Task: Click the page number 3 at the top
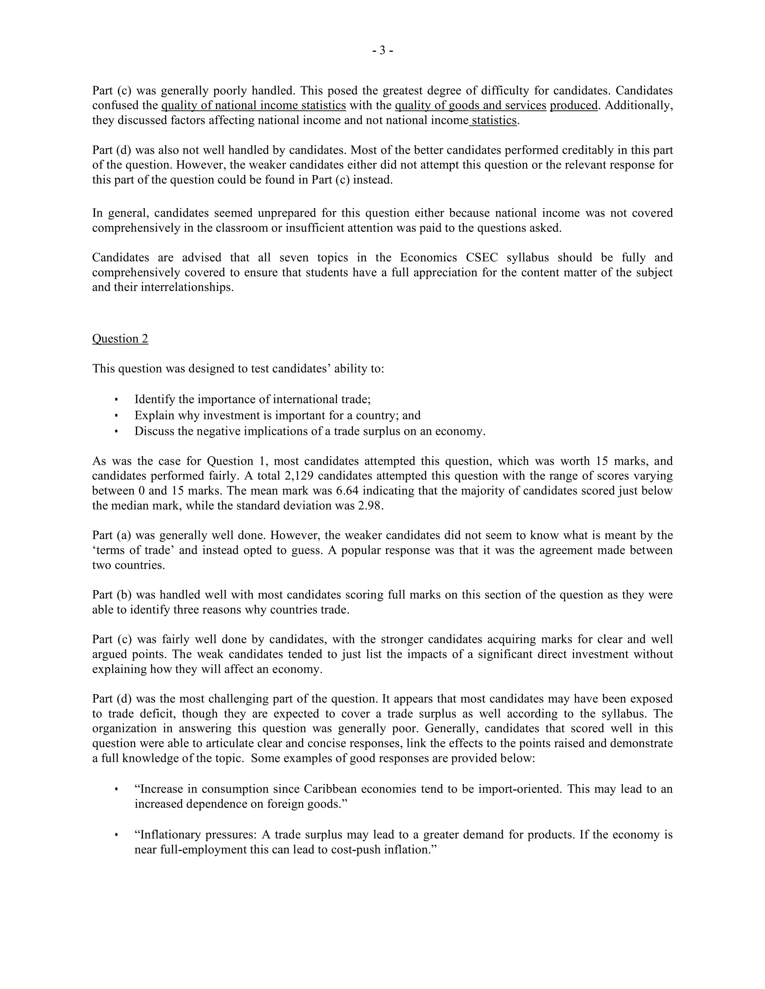pos(382,51)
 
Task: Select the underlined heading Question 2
pos(120,339)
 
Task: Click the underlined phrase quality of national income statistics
pos(253,106)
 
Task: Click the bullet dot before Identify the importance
pos(117,400)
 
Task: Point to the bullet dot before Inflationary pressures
pos(117,834)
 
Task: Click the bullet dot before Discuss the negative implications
pos(117,431)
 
